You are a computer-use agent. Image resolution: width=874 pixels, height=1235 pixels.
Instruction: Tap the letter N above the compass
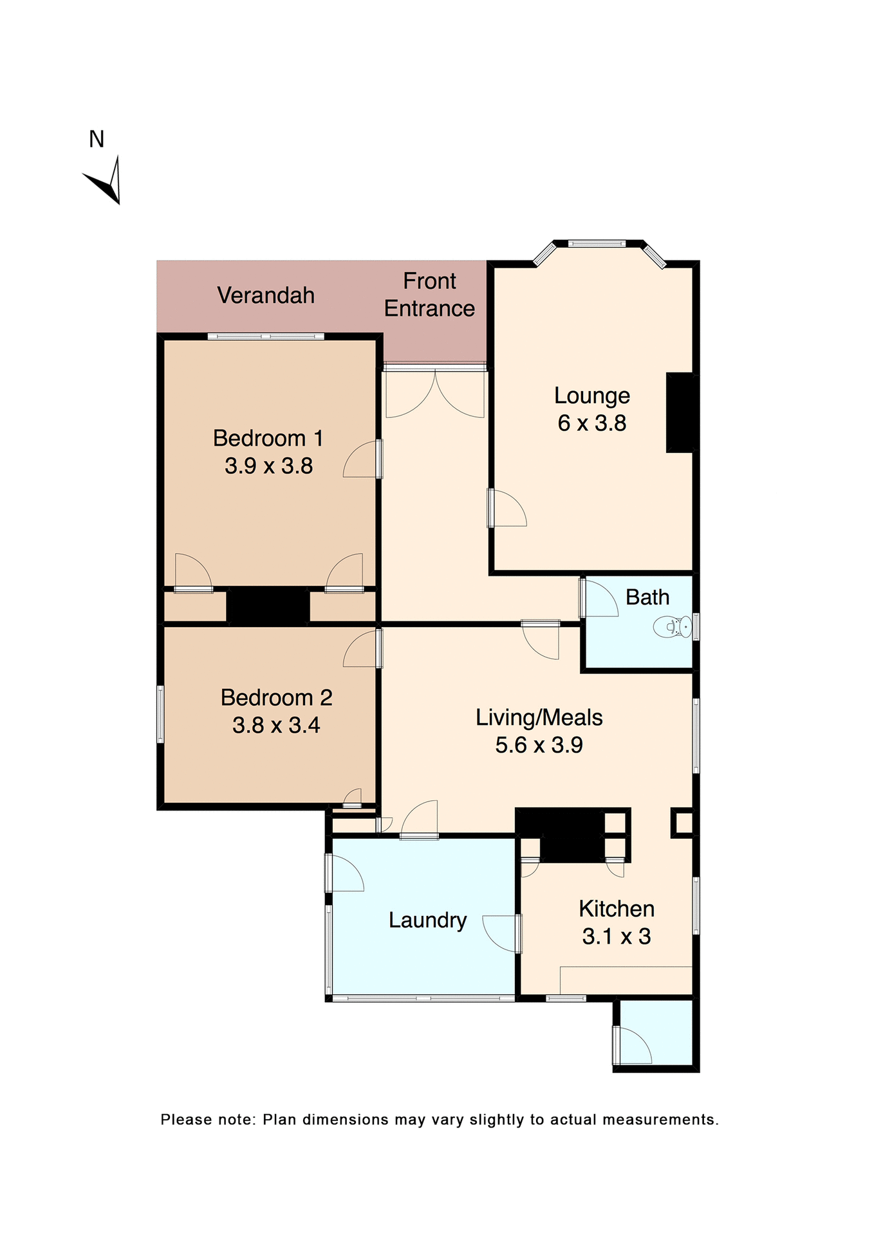click(97, 139)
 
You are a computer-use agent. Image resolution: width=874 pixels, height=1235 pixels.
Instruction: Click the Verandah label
click(265, 295)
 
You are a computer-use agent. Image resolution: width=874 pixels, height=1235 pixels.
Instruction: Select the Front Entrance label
click(429, 295)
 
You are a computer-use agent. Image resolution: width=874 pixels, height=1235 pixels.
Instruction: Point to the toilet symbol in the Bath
click(673, 627)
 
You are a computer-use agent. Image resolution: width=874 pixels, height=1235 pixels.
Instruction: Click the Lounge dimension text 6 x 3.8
click(591, 423)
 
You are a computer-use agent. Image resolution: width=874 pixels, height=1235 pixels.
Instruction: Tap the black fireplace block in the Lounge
click(681, 412)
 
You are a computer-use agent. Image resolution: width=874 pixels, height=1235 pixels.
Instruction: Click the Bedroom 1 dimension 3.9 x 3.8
click(268, 466)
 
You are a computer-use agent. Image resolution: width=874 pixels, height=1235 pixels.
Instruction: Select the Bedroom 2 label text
click(276, 697)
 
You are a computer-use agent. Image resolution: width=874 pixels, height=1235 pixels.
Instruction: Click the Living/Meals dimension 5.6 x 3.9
click(539, 745)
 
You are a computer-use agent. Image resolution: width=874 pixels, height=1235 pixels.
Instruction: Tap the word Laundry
click(427, 920)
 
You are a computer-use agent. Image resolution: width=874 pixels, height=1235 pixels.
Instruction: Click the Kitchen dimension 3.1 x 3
click(616, 937)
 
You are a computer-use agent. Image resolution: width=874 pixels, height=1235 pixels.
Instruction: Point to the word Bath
click(647, 598)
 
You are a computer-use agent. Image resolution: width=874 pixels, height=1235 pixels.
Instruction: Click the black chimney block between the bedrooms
click(268, 605)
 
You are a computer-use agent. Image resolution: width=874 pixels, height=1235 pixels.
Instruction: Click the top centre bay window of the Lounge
click(597, 244)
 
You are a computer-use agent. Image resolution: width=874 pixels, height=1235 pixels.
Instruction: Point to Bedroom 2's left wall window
click(161, 714)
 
